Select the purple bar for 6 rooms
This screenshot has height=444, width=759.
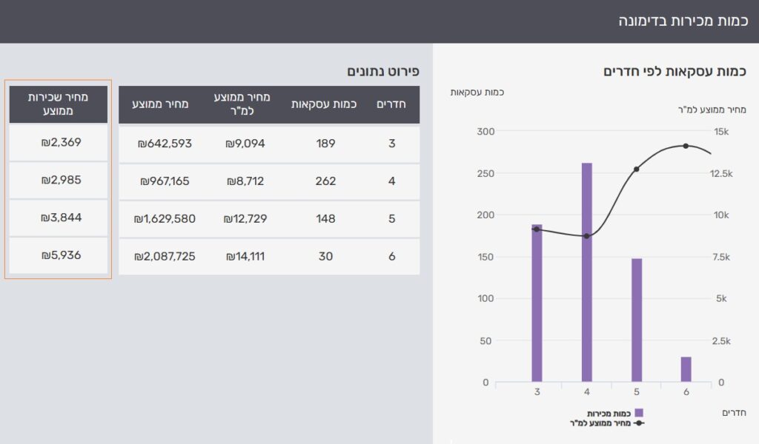pos(686,369)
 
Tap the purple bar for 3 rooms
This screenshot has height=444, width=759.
pos(537,303)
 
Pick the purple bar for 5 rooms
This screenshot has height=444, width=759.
pos(636,320)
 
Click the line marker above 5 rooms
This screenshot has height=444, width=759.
pos(636,169)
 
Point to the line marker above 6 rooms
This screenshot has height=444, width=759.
pos(686,146)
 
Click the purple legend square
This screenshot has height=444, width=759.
pos(639,413)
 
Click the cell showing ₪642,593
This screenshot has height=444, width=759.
pos(165,144)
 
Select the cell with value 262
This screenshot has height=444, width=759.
pos(325,181)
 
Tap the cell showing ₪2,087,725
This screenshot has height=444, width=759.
pos(165,257)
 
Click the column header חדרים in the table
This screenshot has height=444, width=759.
pos(391,104)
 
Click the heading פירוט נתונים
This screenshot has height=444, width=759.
pos(383,72)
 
